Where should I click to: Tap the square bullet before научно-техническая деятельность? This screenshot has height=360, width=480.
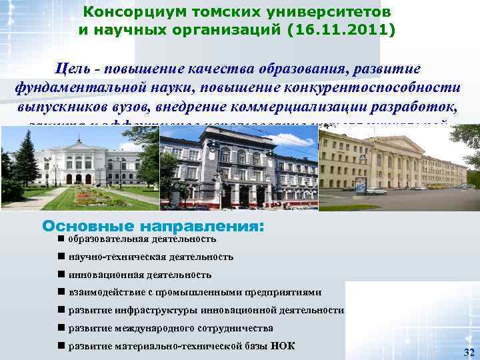point(61,256)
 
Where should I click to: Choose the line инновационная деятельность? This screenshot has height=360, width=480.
point(139,274)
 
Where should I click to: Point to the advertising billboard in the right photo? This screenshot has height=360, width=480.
point(361,183)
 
